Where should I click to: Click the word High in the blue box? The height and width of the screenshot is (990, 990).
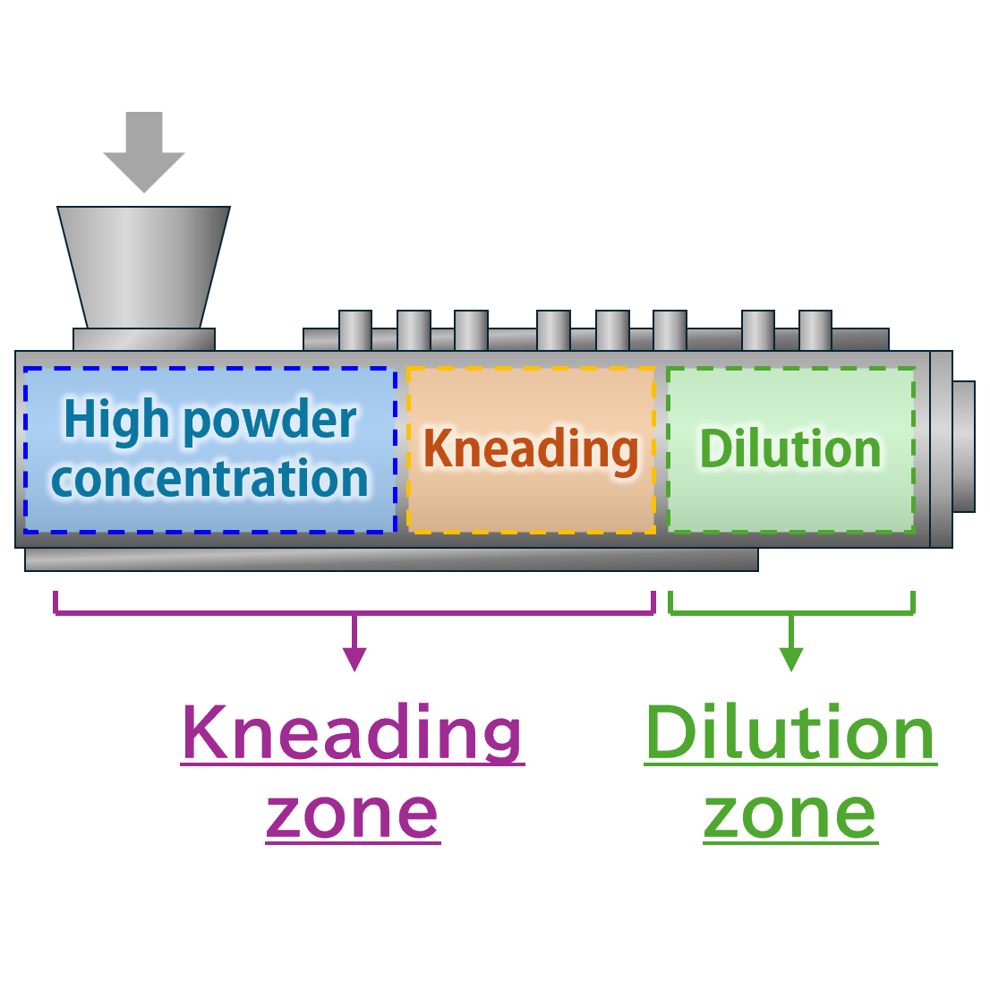point(116,419)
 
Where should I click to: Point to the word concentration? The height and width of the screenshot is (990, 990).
point(210,479)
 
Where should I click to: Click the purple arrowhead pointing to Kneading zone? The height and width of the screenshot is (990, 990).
point(355,659)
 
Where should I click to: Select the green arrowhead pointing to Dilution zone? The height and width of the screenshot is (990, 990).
point(790,659)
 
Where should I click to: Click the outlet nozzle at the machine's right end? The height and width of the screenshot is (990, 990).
point(963,447)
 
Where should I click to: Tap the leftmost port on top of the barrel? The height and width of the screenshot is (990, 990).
point(355,330)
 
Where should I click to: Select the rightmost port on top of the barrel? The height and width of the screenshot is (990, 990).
point(815,330)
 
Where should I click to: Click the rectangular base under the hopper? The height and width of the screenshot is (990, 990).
point(144,339)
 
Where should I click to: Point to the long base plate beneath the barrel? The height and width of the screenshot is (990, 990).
point(391,559)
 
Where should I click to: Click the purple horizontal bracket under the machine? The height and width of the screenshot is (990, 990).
point(355,612)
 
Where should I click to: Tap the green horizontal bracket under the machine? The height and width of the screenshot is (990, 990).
point(791,612)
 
